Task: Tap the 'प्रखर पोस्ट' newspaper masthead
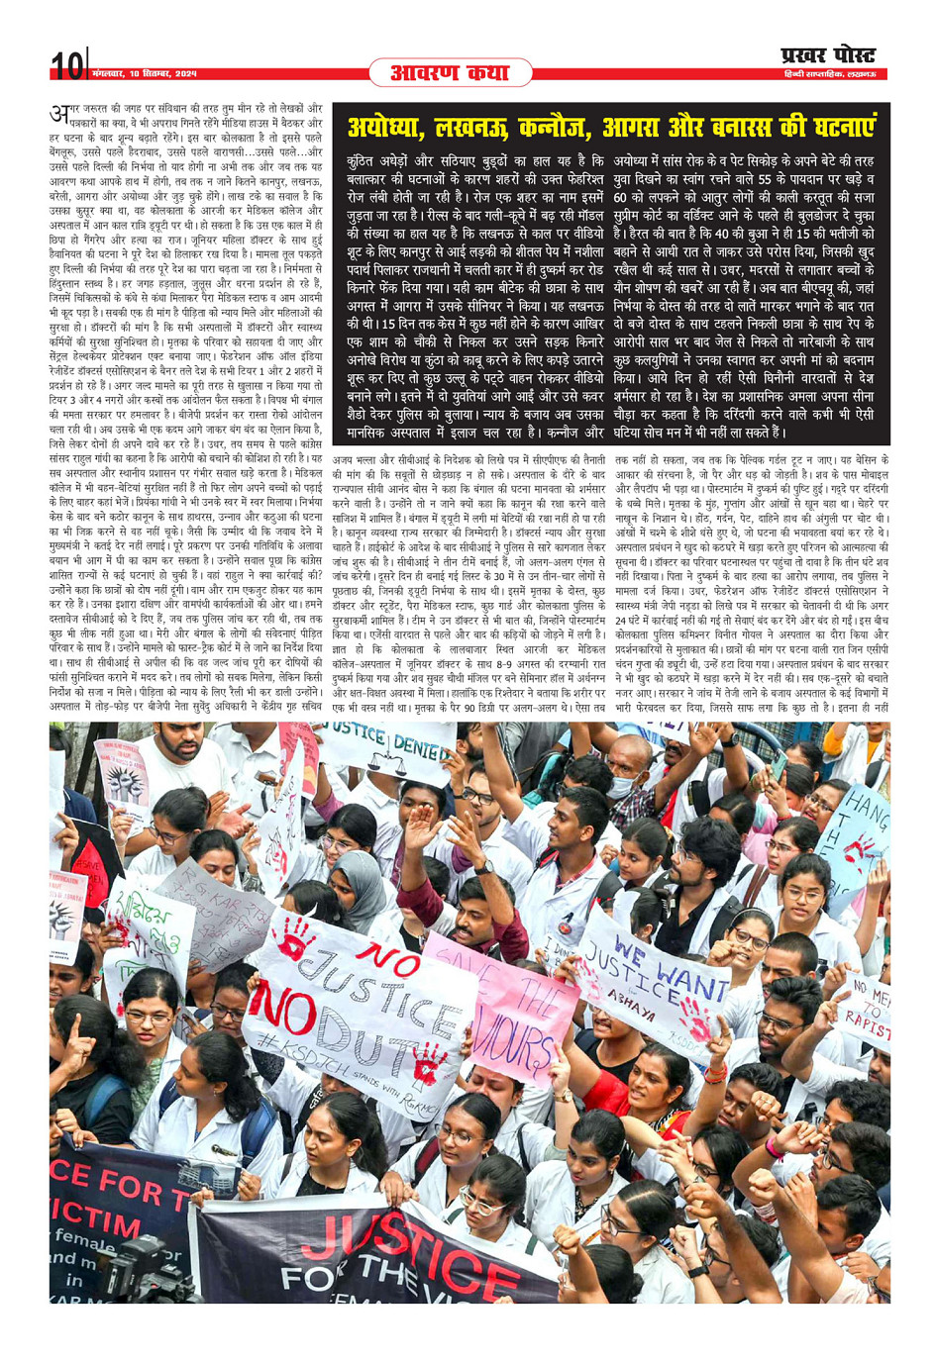click(x=828, y=55)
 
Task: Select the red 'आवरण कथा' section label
click(x=450, y=72)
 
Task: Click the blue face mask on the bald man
click(x=620, y=787)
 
